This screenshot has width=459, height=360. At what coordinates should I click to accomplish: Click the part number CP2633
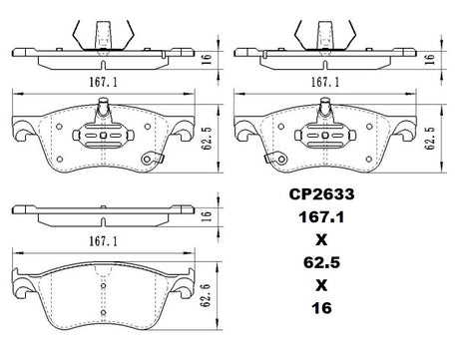click(321, 194)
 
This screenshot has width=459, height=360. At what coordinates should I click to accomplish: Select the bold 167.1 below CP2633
click(321, 217)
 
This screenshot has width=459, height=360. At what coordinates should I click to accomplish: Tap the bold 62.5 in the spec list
click(321, 262)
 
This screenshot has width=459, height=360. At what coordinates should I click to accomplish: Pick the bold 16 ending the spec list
click(321, 308)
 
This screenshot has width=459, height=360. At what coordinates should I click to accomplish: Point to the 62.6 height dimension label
click(207, 295)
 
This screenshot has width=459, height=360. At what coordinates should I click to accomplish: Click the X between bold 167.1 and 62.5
click(321, 239)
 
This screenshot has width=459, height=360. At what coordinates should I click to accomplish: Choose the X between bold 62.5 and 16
click(321, 285)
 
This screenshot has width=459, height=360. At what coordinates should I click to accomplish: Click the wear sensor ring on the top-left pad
click(147, 160)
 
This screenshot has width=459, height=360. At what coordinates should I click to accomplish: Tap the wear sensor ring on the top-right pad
click(282, 160)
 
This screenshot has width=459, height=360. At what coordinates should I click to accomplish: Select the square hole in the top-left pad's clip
click(103, 135)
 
